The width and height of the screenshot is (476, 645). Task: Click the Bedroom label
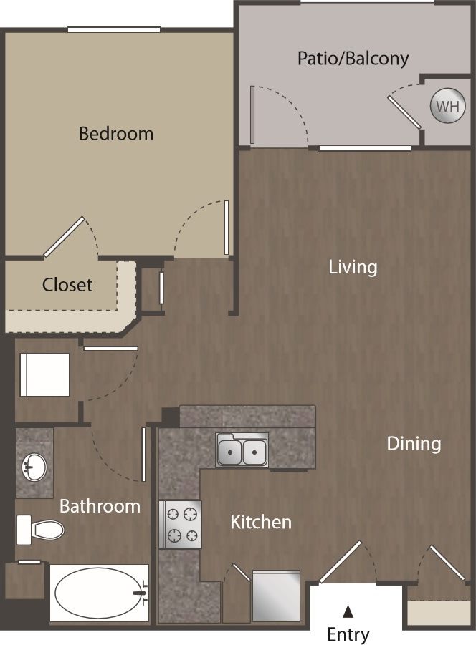pyautogui.click(x=115, y=133)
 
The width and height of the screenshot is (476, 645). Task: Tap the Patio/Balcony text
pyautogui.click(x=353, y=58)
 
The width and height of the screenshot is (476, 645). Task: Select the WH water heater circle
pyautogui.click(x=447, y=107)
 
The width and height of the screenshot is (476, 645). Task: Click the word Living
pyautogui.click(x=353, y=267)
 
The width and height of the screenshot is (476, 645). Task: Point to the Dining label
pyautogui.click(x=414, y=443)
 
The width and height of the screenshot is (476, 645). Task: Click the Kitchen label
pyautogui.click(x=260, y=522)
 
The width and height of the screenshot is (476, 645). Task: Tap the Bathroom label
pyautogui.click(x=100, y=506)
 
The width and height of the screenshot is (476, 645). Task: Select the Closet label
pyautogui.click(x=67, y=284)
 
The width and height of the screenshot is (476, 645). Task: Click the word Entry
pyautogui.click(x=348, y=634)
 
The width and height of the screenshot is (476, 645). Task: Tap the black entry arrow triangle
pyautogui.click(x=348, y=611)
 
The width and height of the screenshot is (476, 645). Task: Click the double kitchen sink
pyautogui.click(x=242, y=451)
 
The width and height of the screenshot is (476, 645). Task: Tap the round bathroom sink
pyautogui.click(x=33, y=468)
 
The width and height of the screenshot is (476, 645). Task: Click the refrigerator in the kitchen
pyautogui.click(x=276, y=596)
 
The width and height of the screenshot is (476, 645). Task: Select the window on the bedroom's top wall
pyautogui.click(x=114, y=29)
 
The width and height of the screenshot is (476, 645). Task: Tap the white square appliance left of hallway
pyautogui.click(x=45, y=374)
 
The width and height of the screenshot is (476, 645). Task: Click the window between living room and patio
pyautogui.click(x=365, y=148)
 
